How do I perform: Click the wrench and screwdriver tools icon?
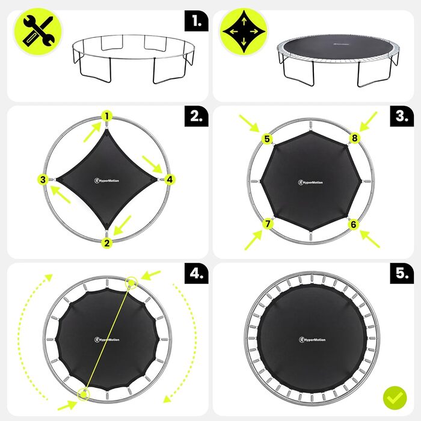(37, 32)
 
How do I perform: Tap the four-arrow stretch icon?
(244, 32)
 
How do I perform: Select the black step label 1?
(197, 21)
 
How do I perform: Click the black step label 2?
(197, 116)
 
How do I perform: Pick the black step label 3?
(402, 116)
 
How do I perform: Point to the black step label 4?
(197, 273)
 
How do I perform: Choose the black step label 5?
(402, 273)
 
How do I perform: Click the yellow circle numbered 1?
(107, 117)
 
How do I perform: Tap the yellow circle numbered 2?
(107, 243)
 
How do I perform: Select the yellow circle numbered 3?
(43, 180)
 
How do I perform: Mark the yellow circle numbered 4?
(170, 180)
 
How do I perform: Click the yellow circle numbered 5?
(267, 139)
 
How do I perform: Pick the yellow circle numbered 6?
(354, 224)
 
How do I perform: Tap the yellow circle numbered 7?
(268, 224)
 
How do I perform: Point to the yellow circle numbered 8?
(355, 138)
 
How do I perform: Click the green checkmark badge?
(395, 398)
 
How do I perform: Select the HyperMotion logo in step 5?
(312, 340)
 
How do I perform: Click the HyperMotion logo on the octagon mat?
(310, 182)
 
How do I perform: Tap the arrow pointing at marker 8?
(368, 121)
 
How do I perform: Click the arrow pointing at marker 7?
(253, 240)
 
